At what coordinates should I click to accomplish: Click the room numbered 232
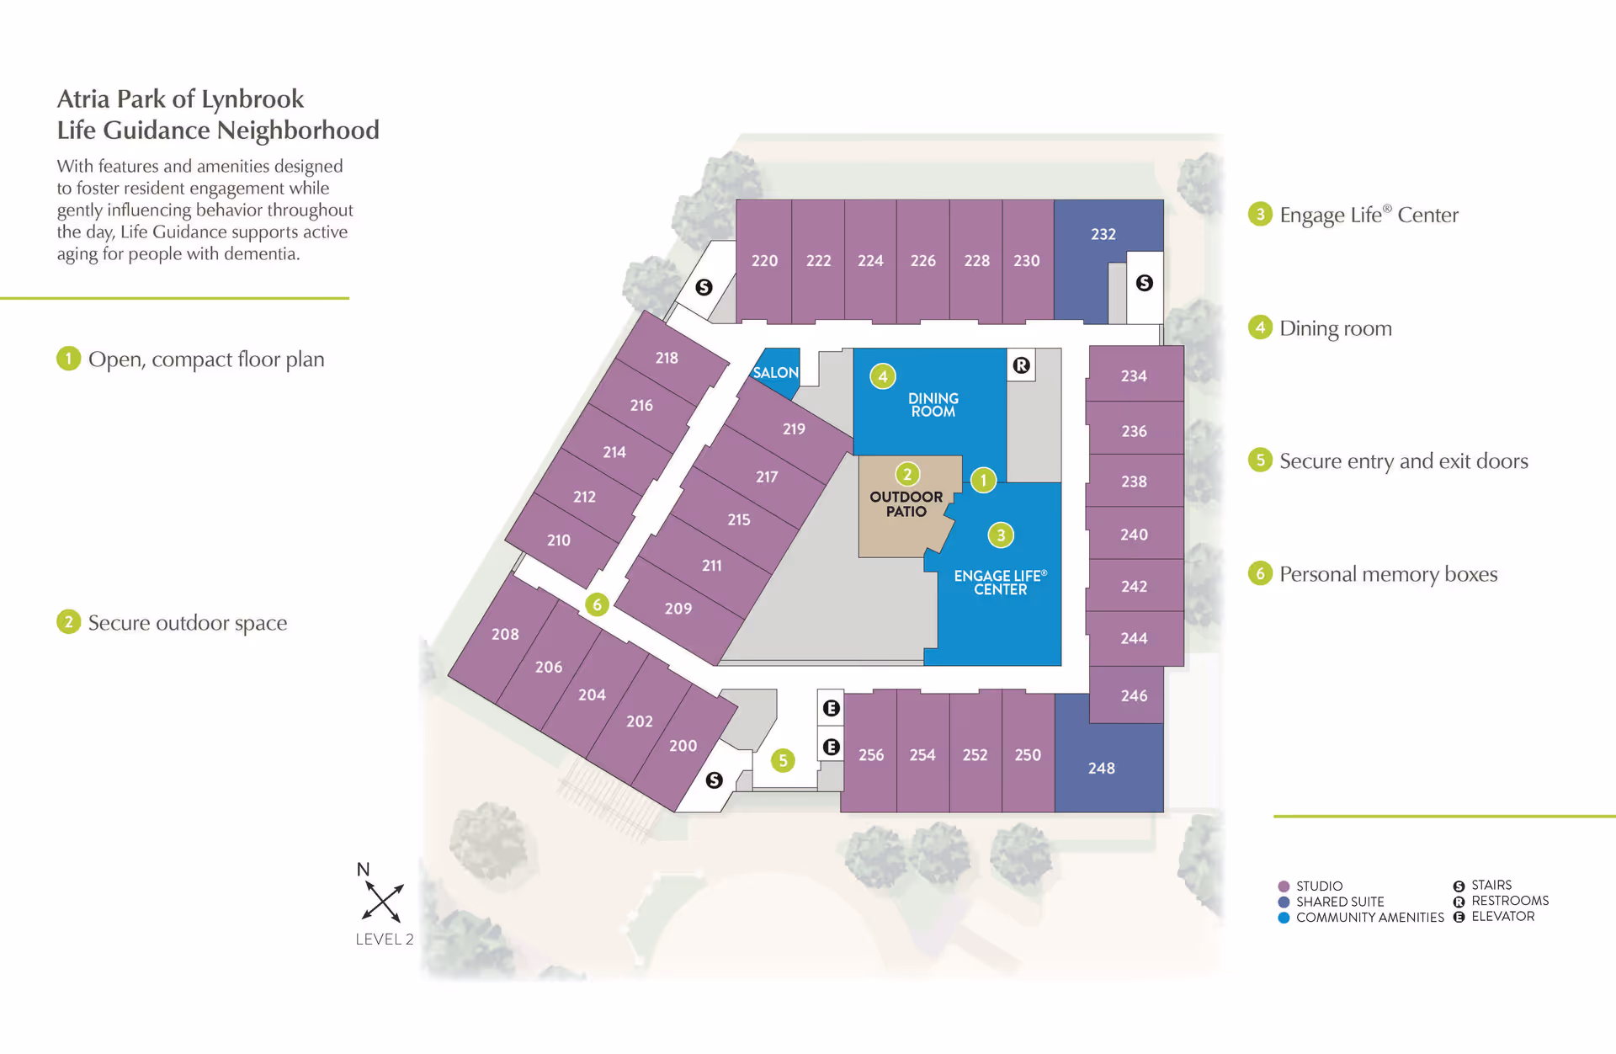pos(1103,234)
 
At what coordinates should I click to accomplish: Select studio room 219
pos(794,429)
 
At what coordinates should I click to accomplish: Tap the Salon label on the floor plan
pos(775,372)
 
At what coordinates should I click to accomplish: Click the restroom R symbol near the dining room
pos(1021,365)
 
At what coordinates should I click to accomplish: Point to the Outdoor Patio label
pos(906,504)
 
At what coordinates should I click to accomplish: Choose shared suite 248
pos(1101,768)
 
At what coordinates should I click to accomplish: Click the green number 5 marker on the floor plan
pos(783,761)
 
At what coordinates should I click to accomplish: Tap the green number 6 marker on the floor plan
pos(597,604)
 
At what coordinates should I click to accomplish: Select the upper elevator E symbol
pos(831,708)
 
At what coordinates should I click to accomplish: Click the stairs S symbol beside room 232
pos(1144,283)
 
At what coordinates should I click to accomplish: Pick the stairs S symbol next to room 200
pos(714,780)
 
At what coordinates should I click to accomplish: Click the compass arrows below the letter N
pos(383,902)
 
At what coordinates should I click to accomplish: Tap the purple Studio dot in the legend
pos(1284,886)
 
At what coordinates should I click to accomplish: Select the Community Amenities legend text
pos(1369,918)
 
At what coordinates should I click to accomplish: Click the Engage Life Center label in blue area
pos(1000,583)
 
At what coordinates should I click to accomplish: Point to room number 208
pos(505,634)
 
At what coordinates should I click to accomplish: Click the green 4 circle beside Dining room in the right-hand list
pos(1260,327)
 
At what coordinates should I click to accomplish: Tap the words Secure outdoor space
pos(188,623)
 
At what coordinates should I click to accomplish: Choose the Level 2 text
pos(385,940)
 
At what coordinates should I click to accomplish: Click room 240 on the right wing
pos(1134,535)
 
